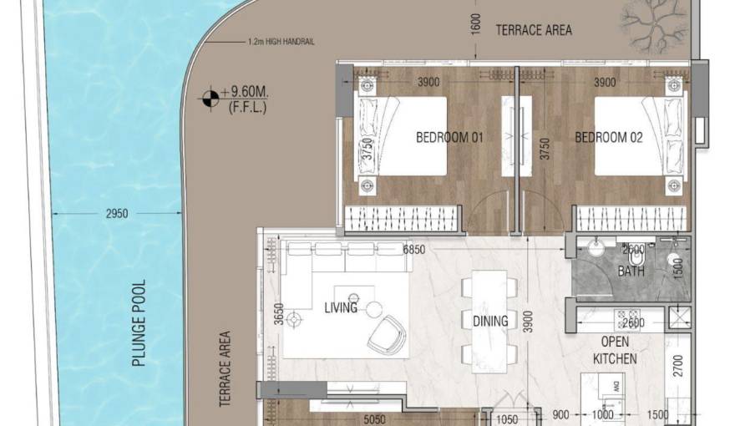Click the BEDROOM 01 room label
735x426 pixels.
[x=450, y=137]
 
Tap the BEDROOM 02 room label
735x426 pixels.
[x=608, y=137]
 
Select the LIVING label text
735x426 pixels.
[x=340, y=308]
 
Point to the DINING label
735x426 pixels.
[x=489, y=321]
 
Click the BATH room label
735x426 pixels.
[x=631, y=272]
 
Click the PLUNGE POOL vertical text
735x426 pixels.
[x=139, y=324]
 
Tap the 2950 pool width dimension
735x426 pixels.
[x=117, y=214]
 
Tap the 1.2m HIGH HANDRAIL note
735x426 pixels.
[x=281, y=42]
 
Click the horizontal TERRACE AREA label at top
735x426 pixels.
[x=534, y=30]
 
